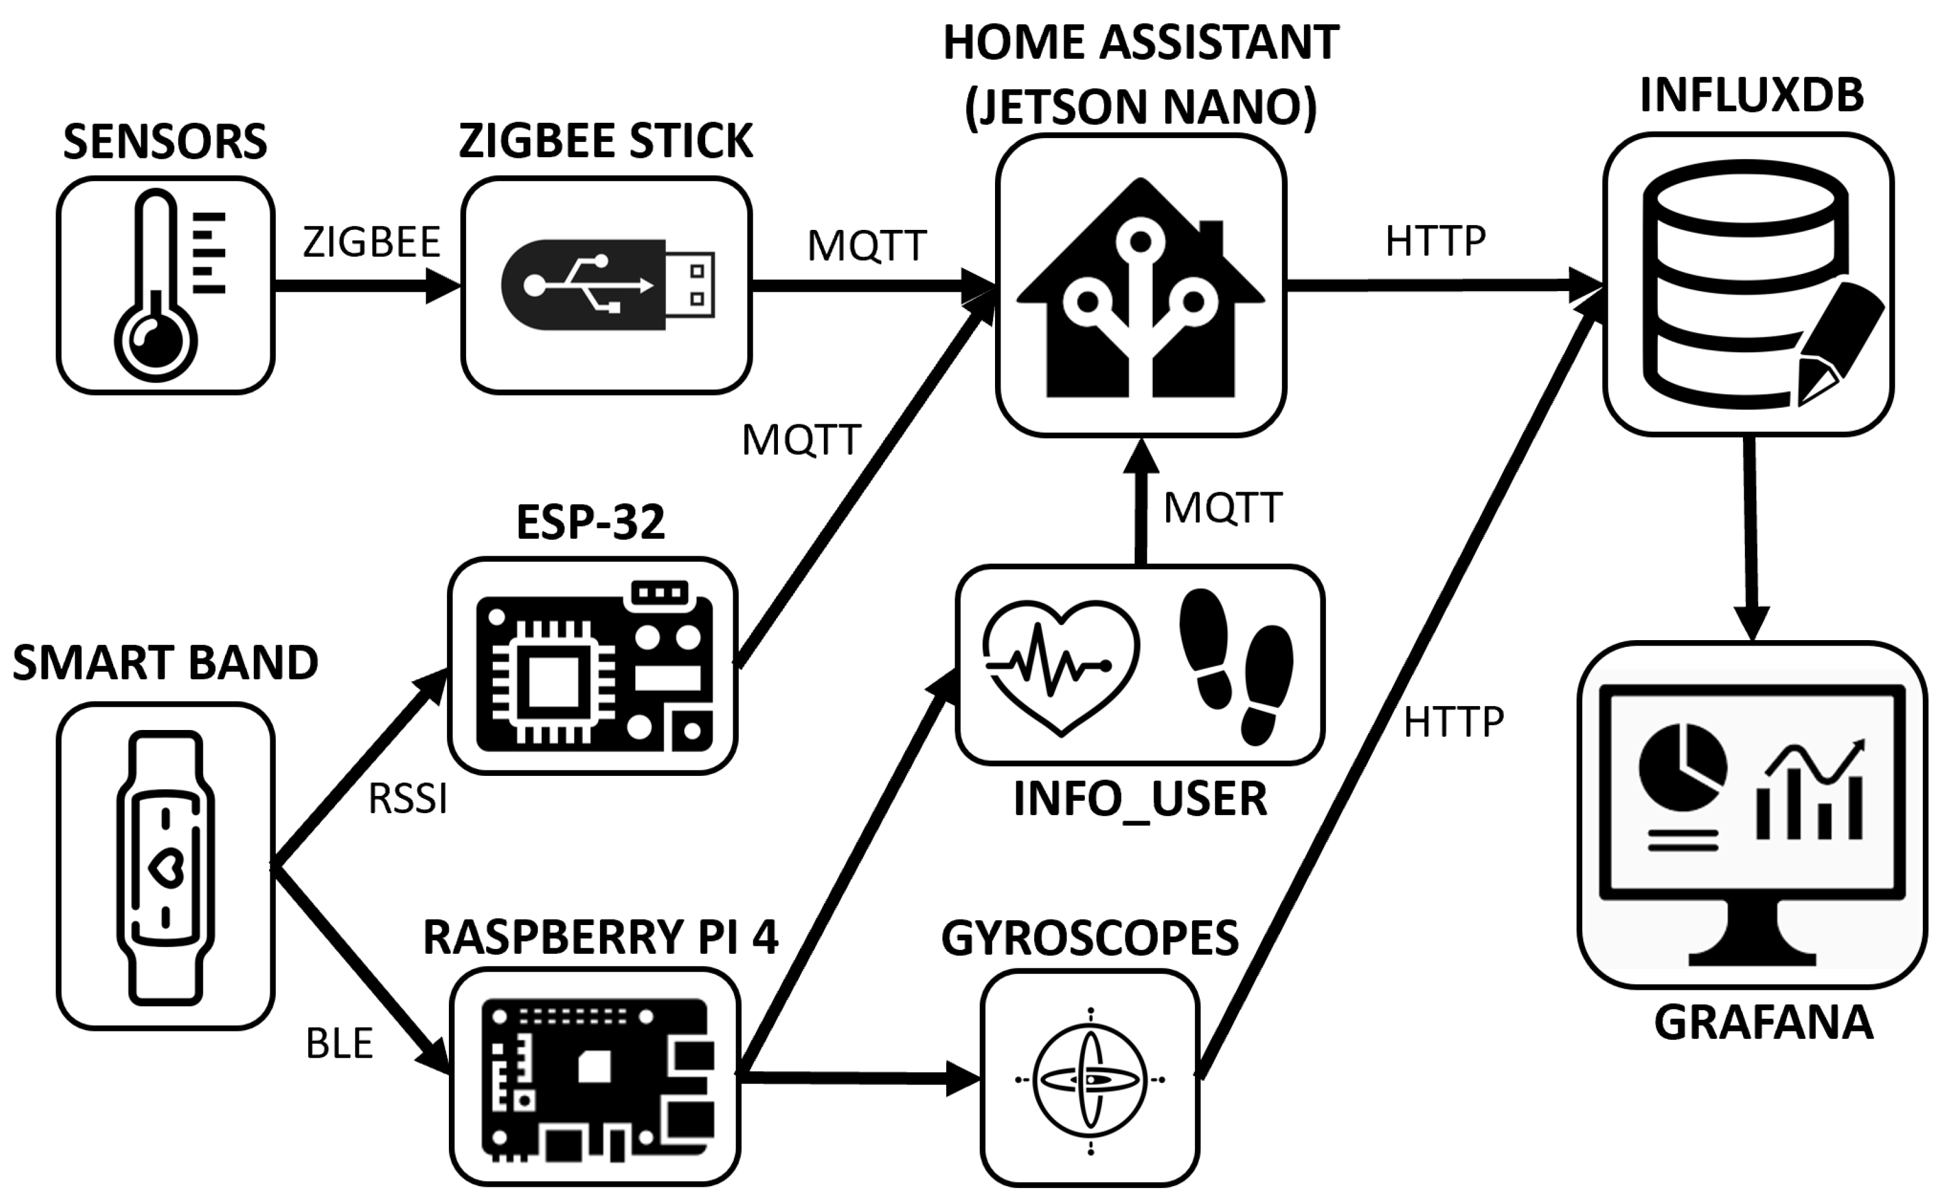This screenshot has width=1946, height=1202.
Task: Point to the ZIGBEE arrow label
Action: click(371, 243)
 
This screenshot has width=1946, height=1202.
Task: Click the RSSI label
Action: click(408, 799)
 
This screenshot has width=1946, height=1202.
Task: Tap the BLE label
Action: click(339, 1044)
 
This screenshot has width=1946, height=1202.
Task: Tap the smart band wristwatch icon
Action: click(165, 866)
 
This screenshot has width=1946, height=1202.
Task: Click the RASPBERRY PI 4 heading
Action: click(600, 937)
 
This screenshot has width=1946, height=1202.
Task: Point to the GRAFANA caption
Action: click(1763, 1023)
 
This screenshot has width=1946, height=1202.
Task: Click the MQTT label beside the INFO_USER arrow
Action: click(1223, 508)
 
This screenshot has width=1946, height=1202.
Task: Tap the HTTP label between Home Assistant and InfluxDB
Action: click(1435, 241)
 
